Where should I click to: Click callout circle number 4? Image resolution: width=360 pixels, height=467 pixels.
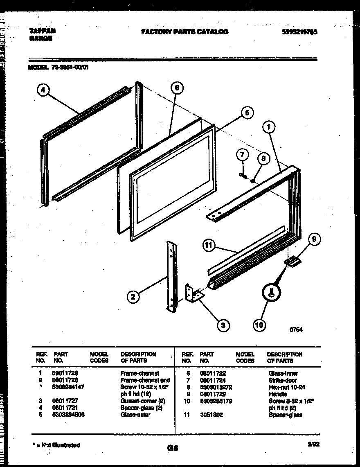point(43,90)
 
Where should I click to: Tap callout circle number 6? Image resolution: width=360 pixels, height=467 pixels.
point(177,88)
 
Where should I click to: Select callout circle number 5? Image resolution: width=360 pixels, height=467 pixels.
point(247,113)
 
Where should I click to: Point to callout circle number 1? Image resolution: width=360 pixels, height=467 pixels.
point(268,128)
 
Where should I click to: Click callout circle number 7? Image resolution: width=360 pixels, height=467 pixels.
point(242,155)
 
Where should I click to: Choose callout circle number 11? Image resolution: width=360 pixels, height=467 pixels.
point(209,246)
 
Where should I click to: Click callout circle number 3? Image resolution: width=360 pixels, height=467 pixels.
point(223,325)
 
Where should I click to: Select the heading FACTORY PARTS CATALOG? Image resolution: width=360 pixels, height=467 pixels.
point(184,32)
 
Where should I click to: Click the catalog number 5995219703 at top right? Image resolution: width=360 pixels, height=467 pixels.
point(300,32)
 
